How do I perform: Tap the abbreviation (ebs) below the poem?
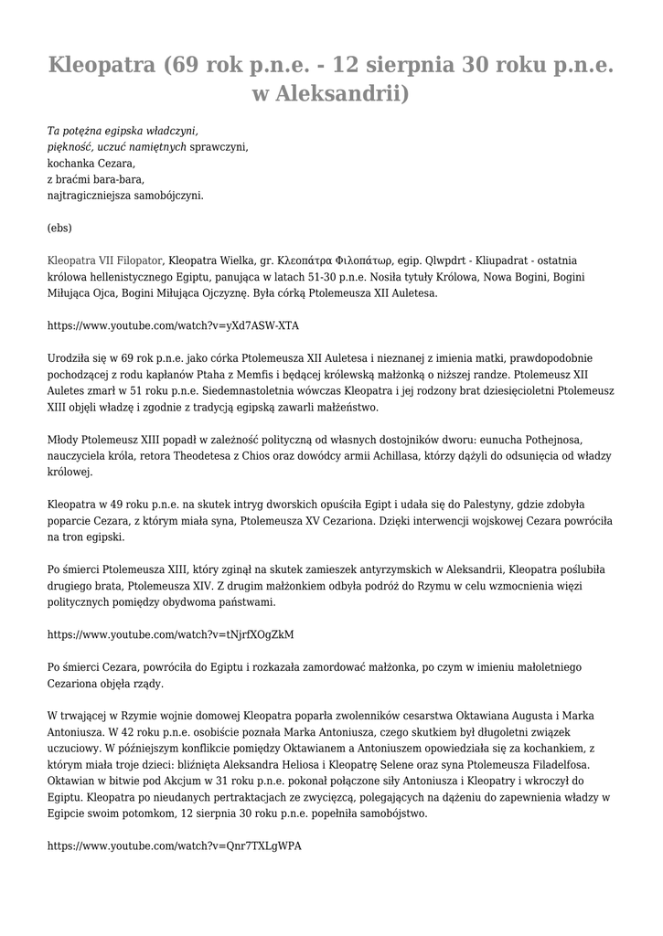click(59, 228)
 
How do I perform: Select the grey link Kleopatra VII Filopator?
click(105, 261)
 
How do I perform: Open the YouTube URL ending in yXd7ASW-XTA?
click(173, 325)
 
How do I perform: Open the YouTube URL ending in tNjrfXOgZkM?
click(170, 634)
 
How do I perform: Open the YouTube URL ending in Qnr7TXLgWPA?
click(174, 846)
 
